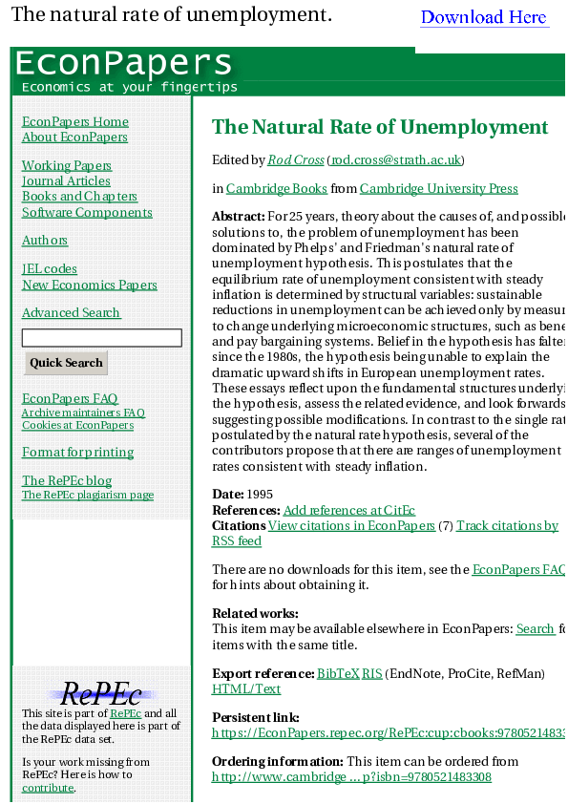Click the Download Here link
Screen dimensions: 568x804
click(x=484, y=17)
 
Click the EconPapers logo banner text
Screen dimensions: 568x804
click(x=123, y=63)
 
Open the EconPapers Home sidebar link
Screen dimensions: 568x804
click(x=75, y=121)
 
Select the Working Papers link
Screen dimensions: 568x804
click(x=67, y=165)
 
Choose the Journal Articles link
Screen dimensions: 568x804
click(x=66, y=180)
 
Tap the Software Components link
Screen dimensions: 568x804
click(x=87, y=212)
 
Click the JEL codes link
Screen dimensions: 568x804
click(x=50, y=268)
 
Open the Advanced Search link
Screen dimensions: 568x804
click(x=72, y=312)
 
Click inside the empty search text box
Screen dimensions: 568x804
click(x=101, y=338)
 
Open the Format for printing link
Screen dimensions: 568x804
click(x=78, y=452)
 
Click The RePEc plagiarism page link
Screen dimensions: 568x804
click(x=88, y=495)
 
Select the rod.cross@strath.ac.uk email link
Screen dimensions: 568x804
click(x=396, y=160)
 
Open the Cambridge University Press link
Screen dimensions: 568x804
click(x=439, y=188)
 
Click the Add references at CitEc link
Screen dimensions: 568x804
click(x=349, y=511)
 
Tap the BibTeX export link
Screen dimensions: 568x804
click(x=338, y=673)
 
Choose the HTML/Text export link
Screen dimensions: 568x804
click(x=246, y=688)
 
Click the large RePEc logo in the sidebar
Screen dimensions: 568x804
click(x=101, y=694)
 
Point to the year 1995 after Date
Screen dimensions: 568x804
click(x=261, y=495)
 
